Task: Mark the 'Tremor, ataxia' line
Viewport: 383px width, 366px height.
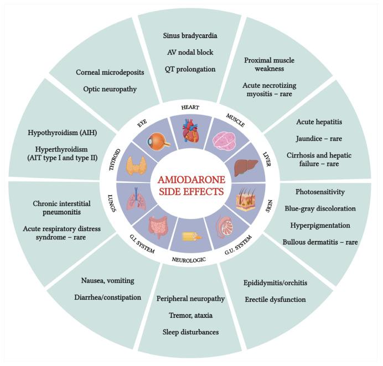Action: pyautogui.click(x=190, y=315)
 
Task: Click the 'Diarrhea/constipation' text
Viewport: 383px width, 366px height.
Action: pyautogui.click(x=108, y=297)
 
